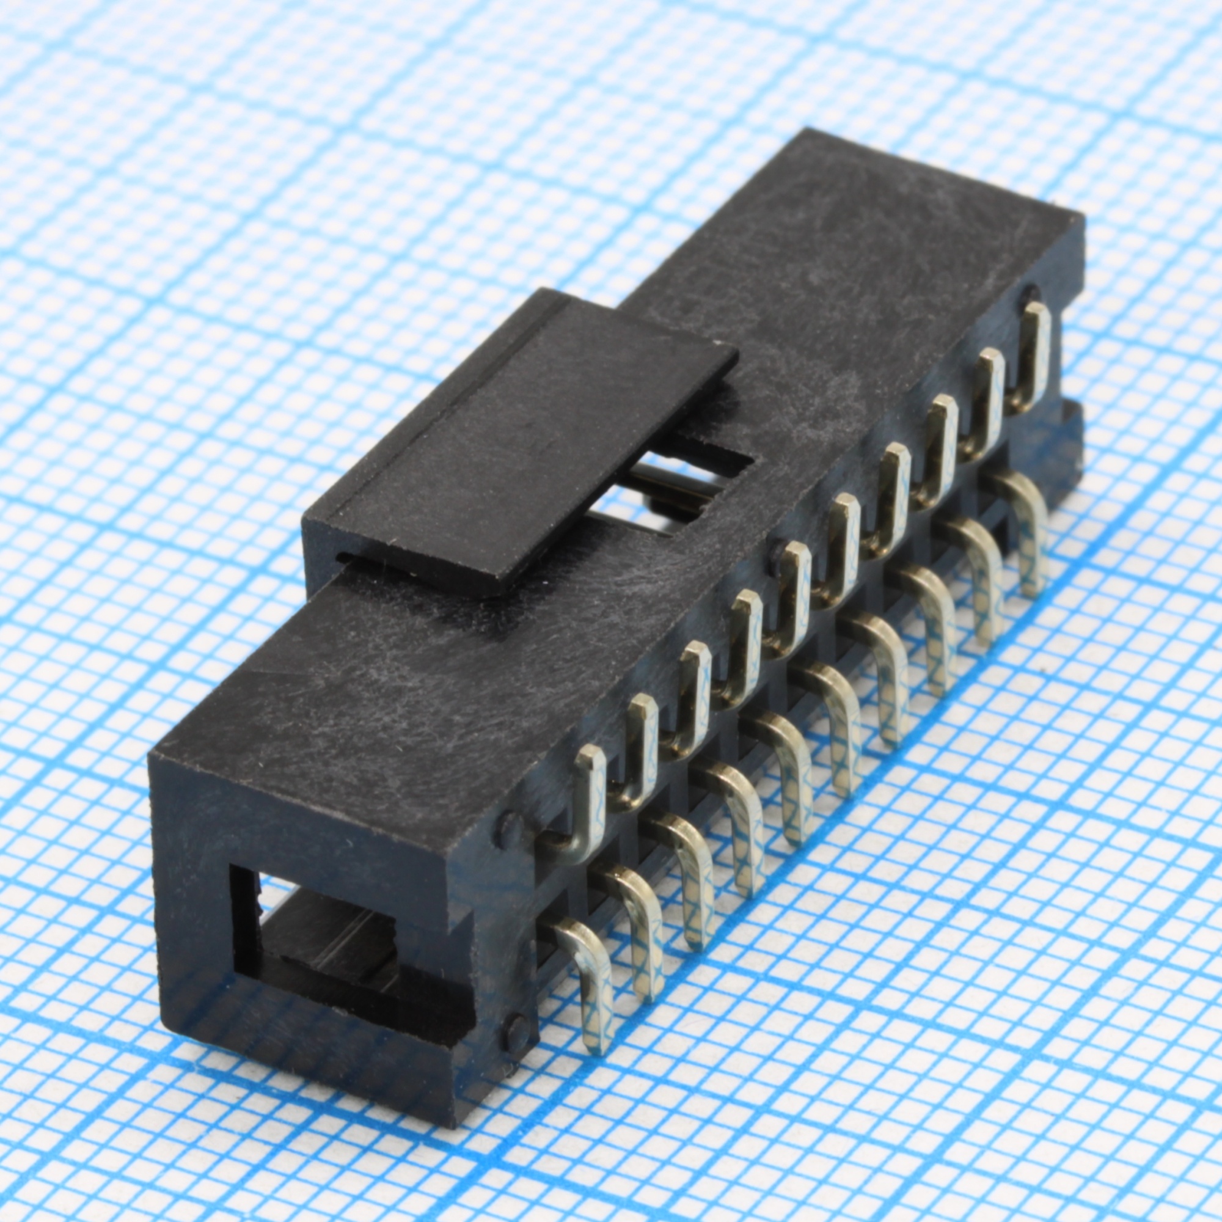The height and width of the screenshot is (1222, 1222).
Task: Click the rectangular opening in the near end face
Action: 316,942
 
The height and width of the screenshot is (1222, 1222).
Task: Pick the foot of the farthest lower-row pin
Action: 1031,585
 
